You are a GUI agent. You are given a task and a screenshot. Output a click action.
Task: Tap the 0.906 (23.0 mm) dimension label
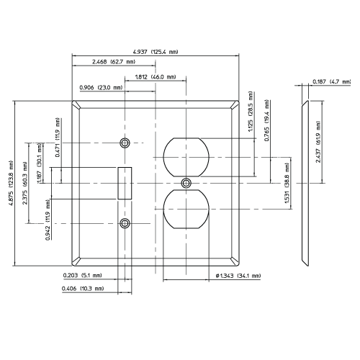pos(101,87)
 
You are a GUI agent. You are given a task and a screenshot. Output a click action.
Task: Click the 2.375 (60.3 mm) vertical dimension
pos(25,184)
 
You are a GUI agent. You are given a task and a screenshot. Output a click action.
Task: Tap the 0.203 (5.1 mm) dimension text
pos(84,274)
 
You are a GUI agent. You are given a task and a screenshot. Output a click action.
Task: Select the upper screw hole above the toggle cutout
pos(125,143)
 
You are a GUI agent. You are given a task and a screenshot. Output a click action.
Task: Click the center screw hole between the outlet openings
pos(187,182)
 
